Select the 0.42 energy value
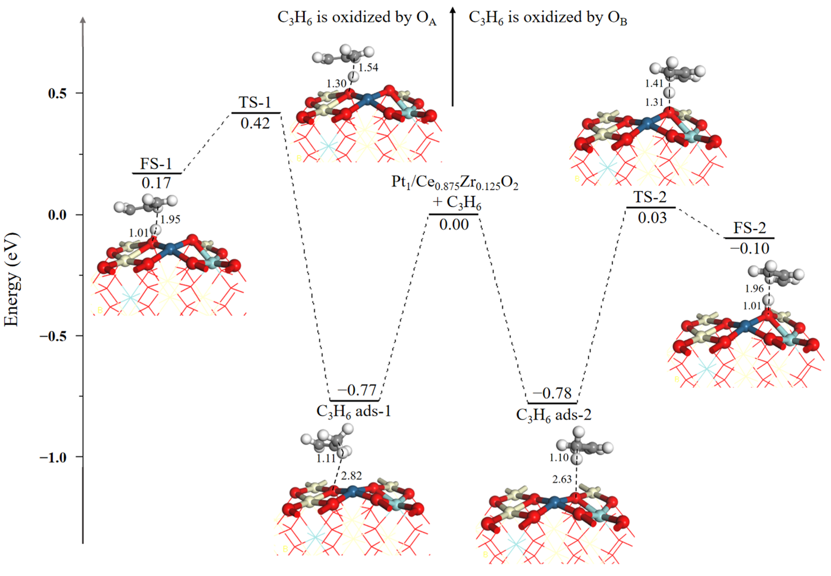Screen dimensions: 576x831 point(255,124)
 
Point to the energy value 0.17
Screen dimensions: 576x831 point(156,183)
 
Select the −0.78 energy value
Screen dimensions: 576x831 point(552,393)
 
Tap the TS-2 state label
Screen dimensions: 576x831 point(650,197)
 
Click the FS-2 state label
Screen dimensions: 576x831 point(749,228)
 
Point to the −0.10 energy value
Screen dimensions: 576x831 point(749,249)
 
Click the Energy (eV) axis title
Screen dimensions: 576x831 point(12,280)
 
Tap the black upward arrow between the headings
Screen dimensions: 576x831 point(453,58)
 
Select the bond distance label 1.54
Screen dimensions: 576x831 point(368,67)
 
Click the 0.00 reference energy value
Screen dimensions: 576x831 point(454,225)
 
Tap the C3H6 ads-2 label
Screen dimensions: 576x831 point(554,415)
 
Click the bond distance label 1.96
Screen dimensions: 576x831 point(754,289)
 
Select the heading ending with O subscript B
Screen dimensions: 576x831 point(547,18)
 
